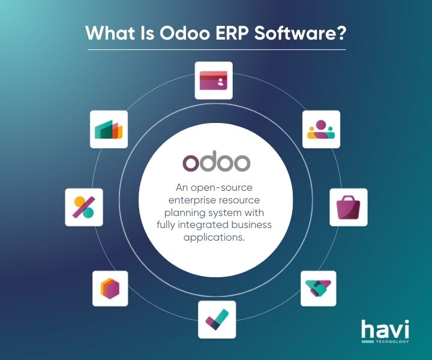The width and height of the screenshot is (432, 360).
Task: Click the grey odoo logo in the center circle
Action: click(216, 162)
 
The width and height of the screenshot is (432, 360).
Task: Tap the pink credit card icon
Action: click(214, 80)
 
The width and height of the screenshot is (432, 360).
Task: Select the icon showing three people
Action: click(320, 129)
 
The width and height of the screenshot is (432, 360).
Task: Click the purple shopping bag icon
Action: click(348, 207)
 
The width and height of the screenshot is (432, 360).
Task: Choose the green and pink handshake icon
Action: click(317, 289)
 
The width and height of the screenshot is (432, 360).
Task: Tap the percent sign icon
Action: click(83, 207)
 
